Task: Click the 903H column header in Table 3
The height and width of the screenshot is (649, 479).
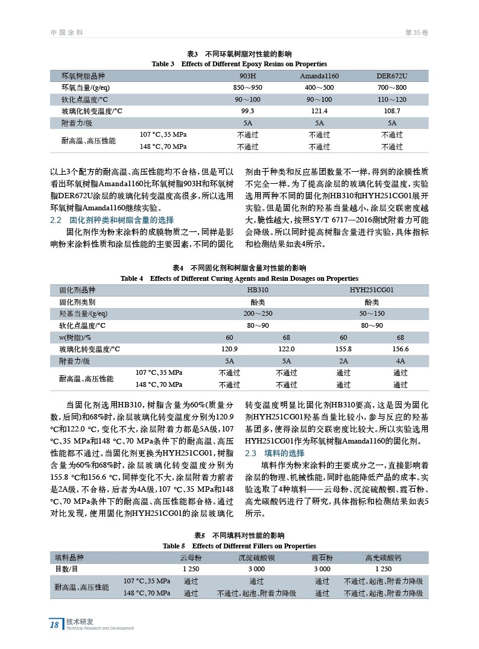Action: click(x=247, y=77)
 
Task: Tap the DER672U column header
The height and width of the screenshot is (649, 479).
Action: click(x=392, y=77)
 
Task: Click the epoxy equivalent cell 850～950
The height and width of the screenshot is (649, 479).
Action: click(x=247, y=88)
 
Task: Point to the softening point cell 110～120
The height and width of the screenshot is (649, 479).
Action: click(x=392, y=99)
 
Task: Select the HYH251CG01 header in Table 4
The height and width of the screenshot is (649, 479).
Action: click(x=372, y=290)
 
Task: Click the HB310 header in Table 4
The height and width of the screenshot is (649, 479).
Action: click(x=258, y=290)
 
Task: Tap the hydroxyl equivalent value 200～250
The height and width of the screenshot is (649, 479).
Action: click(x=258, y=314)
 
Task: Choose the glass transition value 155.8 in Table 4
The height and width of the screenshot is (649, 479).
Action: click(x=343, y=349)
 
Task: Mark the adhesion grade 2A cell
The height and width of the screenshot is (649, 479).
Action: click(x=343, y=361)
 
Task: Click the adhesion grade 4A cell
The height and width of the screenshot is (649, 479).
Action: click(x=400, y=361)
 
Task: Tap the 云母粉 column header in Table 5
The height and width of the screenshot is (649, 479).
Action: click(x=191, y=557)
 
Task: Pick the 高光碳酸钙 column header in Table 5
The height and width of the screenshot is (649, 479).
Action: click(x=383, y=557)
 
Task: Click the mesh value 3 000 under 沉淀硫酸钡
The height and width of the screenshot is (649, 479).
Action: click(x=256, y=569)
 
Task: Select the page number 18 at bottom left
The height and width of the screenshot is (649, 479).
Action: click(x=54, y=625)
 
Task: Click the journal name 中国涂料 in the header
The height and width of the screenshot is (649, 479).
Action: click(x=66, y=33)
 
